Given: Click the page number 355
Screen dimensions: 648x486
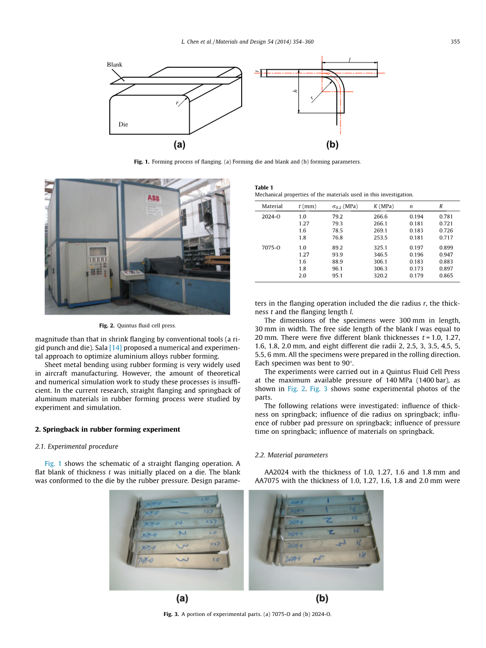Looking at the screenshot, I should (455, 41).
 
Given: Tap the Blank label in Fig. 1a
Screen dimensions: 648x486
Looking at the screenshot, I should (115, 65).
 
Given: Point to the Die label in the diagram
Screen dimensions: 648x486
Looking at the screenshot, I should (123, 124).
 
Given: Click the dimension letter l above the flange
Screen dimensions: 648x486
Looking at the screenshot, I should (349, 60).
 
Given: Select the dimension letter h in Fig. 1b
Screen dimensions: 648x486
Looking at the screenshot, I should (295, 91).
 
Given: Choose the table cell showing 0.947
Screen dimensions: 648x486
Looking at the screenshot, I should (446, 255).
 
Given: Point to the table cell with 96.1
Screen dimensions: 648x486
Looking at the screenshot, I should (337, 268).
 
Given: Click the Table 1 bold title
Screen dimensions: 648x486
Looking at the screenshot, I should (264, 187).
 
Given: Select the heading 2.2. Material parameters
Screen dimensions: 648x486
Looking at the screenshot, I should (291, 455).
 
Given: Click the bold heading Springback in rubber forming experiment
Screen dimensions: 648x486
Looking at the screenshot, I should (107, 429).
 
